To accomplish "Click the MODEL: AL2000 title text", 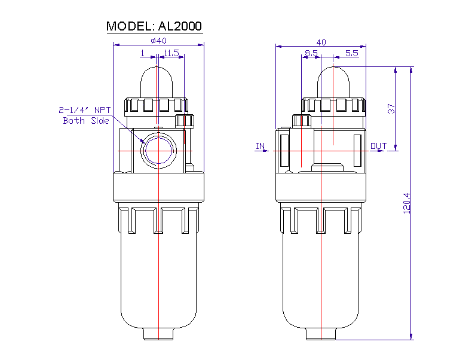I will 154,26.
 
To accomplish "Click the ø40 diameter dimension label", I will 158,40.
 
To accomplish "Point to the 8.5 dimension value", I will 311,53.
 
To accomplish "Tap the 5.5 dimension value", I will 352,53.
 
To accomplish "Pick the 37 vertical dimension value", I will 391,109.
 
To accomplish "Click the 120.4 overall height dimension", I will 407,203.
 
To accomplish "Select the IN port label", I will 260,146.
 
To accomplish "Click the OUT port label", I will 378,146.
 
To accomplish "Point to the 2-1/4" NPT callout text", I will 85,110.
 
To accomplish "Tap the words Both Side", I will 86,121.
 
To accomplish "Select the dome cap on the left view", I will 158,81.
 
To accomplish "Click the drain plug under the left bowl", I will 158,334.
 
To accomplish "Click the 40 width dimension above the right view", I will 321,42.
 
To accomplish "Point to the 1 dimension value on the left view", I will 142,53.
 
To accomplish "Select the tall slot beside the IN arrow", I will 284,151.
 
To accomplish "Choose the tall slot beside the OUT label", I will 357,151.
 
